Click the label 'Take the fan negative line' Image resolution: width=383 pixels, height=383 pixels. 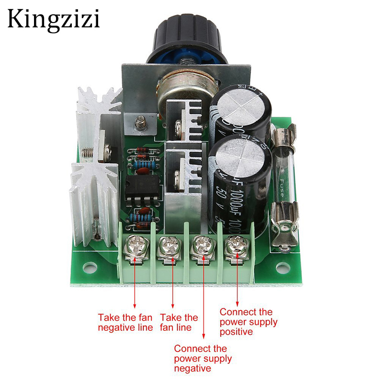point(125,322)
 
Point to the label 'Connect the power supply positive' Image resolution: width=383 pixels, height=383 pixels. point(248,321)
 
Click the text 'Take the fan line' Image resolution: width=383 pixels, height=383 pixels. point(179,322)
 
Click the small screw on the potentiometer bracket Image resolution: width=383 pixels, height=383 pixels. point(140,123)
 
